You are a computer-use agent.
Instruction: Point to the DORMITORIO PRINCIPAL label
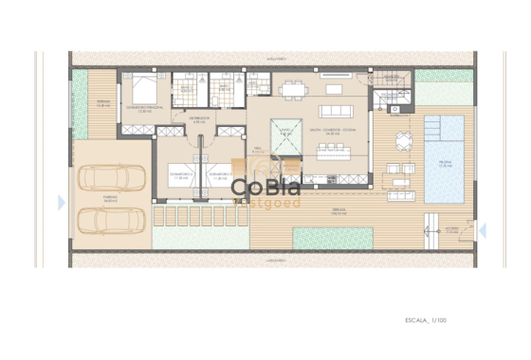click(x=144, y=108)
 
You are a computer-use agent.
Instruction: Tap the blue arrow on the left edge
click(x=62, y=202)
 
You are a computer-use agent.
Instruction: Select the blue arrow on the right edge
click(x=483, y=228)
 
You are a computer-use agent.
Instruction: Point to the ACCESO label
click(x=453, y=228)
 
